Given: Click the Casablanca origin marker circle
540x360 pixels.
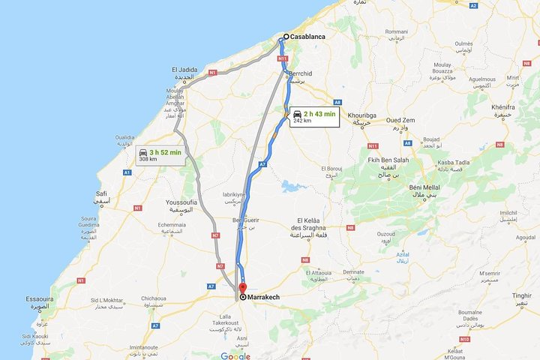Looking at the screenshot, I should (286, 36).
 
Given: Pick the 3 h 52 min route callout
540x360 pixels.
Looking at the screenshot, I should (160, 155).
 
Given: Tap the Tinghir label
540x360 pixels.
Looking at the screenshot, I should (521, 295).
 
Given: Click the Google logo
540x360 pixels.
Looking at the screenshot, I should (235, 355).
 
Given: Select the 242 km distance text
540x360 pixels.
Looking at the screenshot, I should (302, 121).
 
